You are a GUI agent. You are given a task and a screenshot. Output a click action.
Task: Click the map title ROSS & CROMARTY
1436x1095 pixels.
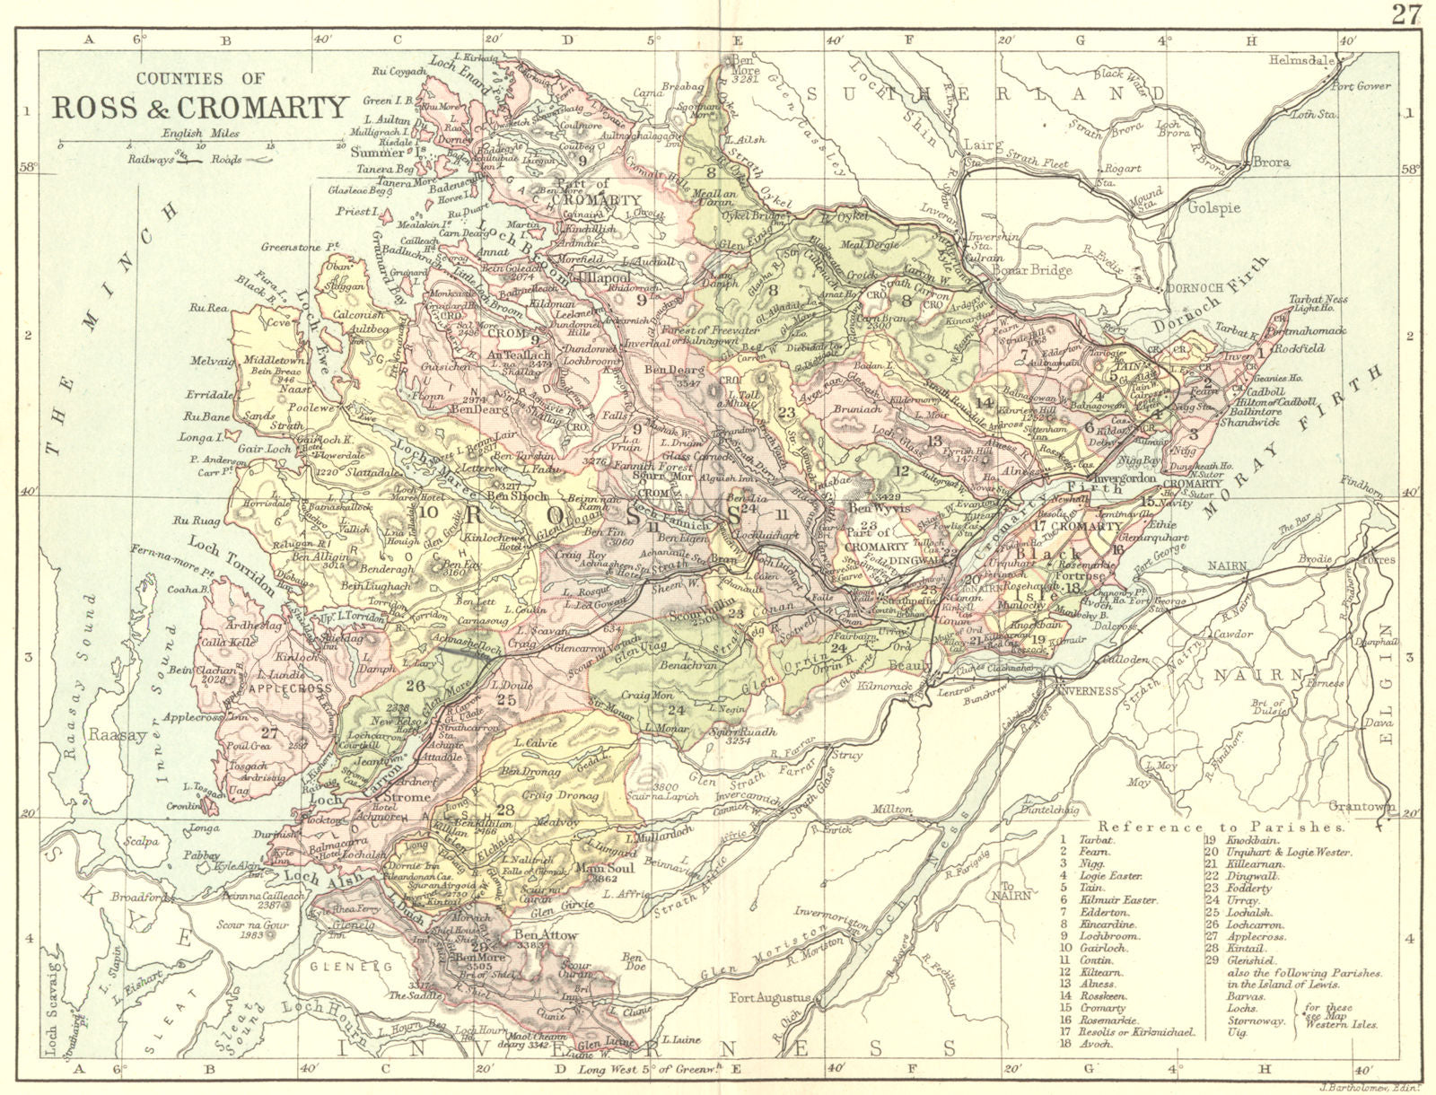[200, 107]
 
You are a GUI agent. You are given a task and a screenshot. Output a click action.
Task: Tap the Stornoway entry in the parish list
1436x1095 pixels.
[1230, 1021]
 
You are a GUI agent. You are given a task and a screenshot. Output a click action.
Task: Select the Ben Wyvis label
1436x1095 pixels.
[874, 508]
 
